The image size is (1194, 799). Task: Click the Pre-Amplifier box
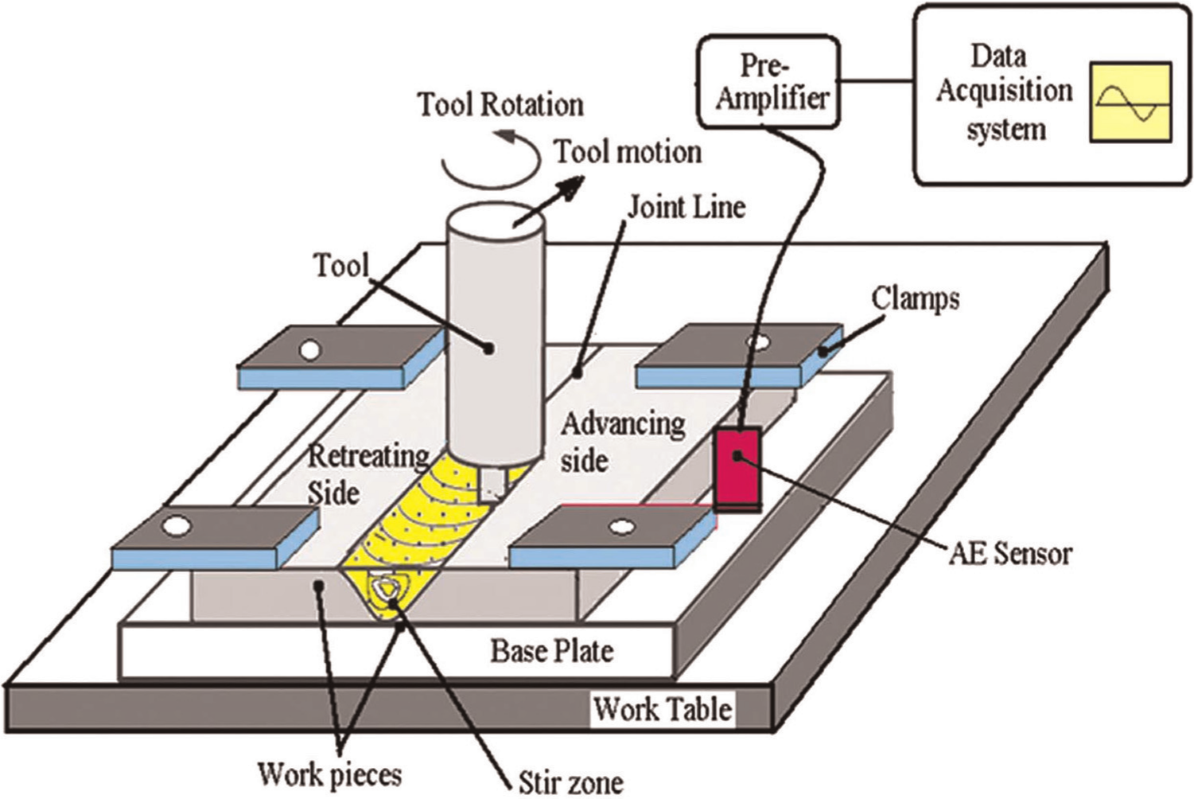[769, 82]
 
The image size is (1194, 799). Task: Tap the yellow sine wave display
[1130, 103]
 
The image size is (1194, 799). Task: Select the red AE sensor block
[737, 470]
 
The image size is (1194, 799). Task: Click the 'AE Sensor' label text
[1010, 554]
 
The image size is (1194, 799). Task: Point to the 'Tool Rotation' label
[500, 105]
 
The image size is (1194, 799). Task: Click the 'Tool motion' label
[628, 152]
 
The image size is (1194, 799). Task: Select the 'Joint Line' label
[686, 208]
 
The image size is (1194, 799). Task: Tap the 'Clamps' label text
[916, 300]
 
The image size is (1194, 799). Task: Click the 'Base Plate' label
[552, 651]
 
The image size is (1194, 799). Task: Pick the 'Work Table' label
[663, 709]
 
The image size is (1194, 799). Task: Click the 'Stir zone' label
[571, 782]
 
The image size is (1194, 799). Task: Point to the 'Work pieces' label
[330, 774]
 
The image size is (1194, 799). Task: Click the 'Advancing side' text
[623, 442]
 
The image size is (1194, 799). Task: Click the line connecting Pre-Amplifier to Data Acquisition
[877, 82]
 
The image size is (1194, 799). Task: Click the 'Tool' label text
[341, 265]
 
